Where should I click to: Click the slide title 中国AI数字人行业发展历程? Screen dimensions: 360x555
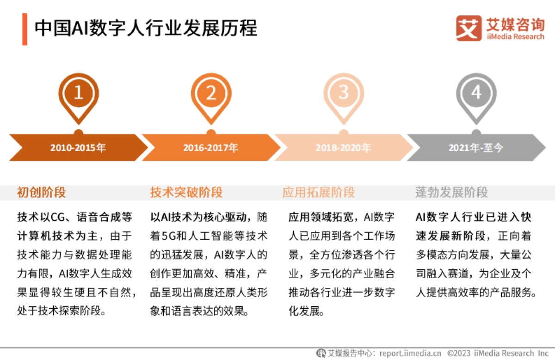coord(146,28)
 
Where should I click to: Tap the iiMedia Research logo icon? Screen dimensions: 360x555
coord(469,28)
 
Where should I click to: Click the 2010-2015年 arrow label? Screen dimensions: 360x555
coord(78,148)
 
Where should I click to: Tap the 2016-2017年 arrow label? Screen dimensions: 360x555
coord(210,148)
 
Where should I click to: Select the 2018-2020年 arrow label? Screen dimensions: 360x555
coord(343,148)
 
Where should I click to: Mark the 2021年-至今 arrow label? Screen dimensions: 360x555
coord(475,148)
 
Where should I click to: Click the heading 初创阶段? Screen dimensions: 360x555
coord(42,192)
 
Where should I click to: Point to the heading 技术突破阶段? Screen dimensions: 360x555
coord(186,192)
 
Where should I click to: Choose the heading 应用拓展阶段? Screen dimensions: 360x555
coord(319,192)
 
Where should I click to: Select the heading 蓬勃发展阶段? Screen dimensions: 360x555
coord(451,192)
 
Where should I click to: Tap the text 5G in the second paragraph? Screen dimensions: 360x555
coord(175,236)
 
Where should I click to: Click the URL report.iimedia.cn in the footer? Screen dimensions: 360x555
coord(410,353)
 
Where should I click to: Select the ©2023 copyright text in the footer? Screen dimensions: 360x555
coord(459,353)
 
